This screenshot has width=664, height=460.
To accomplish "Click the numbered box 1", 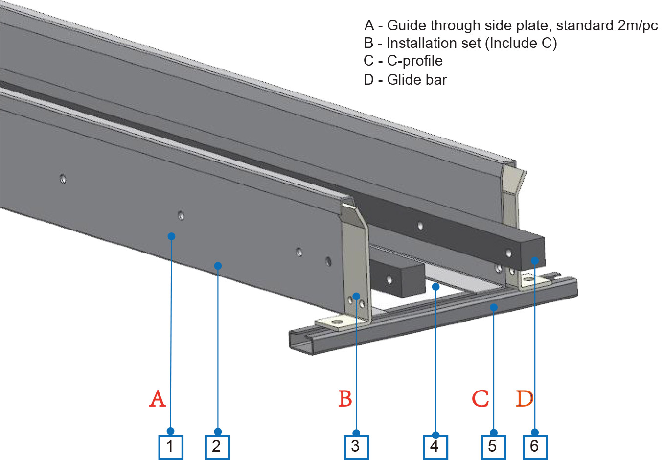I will coord(171,446).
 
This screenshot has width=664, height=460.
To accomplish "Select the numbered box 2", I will coord(217,446).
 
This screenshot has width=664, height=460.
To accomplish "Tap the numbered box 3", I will coord(356,446).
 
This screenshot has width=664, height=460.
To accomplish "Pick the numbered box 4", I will coord(435,446).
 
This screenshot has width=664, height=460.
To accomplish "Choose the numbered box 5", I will coord(493,446).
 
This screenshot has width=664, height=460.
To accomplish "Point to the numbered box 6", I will coord(535,446).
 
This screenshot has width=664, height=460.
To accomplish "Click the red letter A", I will coord(158,399).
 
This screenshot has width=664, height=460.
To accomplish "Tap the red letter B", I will coord(345,399).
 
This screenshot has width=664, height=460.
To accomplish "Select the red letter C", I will coord(480,399).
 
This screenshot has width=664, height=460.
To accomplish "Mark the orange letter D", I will coord(525,399).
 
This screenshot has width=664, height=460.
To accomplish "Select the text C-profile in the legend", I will coord(415,61).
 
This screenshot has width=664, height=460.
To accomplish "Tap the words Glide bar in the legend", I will coord(417,80).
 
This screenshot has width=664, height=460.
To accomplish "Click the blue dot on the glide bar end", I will coord(535,261).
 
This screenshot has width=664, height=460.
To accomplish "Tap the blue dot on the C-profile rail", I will coord(494,307).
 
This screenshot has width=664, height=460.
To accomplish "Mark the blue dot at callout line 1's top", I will coord(171,236).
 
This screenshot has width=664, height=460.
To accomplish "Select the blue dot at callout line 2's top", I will coord(218,266).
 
